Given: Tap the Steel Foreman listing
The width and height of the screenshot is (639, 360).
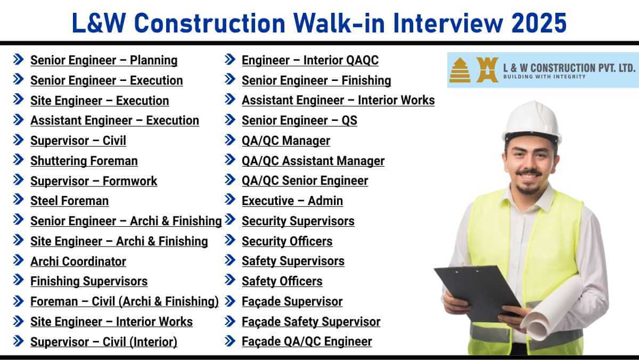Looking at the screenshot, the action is click(70, 201).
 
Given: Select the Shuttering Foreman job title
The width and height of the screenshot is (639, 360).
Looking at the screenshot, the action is click(84, 161).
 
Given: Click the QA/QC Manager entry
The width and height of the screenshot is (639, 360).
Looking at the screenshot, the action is click(286, 141).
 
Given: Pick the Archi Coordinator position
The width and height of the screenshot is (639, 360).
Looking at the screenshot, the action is click(78, 261).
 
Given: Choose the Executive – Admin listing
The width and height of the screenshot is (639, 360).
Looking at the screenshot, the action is click(292, 201).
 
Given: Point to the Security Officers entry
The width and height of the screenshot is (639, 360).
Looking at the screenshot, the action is click(287, 241).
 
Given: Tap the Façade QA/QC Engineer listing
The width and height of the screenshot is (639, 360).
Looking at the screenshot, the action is click(307, 341).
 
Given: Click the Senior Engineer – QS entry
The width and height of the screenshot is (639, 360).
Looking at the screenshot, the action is click(299, 120).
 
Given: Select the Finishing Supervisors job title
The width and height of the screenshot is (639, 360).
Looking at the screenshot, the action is click(89, 281).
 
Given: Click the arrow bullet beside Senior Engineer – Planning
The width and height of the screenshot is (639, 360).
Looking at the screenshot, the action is click(19, 60).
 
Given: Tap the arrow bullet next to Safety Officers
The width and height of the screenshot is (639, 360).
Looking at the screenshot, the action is click(230, 280).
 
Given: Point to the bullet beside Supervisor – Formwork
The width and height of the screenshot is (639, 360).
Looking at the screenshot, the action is click(19, 179).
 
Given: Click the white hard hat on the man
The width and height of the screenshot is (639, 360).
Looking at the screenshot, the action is click(532, 121).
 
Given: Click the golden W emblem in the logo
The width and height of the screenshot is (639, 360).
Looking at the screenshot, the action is click(487, 70).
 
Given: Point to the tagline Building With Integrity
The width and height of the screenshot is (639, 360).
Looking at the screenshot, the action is click(544, 77).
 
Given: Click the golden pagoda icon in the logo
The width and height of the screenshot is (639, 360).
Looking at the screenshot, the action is click(460, 70).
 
